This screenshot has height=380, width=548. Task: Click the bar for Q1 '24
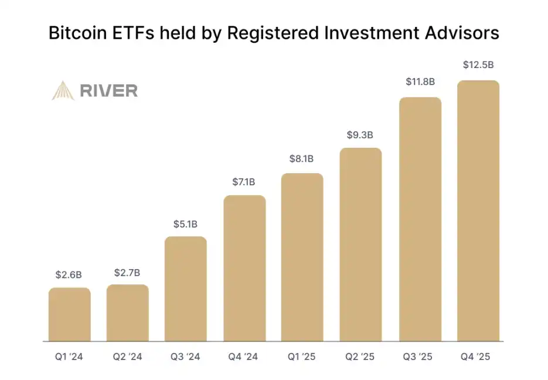(69, 314)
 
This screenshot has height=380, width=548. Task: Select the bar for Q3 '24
(185, 289)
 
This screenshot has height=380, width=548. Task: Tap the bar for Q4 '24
(244, 268)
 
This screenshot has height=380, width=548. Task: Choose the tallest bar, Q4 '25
(478, 211)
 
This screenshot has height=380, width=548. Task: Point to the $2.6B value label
(69, 274)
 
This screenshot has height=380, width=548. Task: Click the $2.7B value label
(127, 272)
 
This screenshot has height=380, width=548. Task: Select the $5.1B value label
(185, 224)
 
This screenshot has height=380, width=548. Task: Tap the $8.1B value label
(302, 158)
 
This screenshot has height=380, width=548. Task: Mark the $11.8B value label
(420, 82)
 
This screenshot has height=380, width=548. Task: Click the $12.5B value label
(478, 65)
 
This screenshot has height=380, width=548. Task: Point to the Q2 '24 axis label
(127, 356)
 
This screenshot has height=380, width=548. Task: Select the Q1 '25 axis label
(302, 356)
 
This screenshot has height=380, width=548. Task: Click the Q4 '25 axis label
(478, 356)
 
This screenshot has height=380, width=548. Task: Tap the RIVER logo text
(108, 90)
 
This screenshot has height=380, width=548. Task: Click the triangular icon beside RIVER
(63, 90)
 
